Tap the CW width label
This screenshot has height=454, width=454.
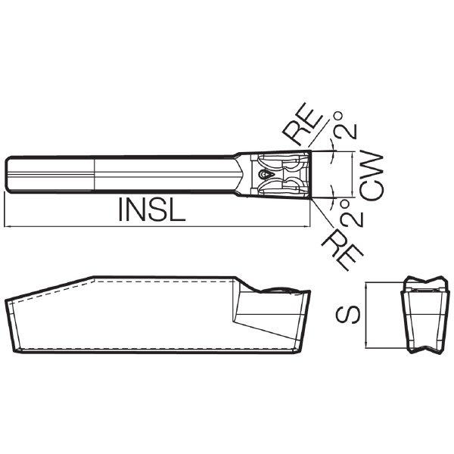(x=372, y=176)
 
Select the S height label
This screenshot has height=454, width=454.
(x=348, y=315)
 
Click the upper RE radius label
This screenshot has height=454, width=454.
(x=302, y=123)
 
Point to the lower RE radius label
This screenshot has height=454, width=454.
(x=343, y=249)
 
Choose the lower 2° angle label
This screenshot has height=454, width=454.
(x=351, y=213)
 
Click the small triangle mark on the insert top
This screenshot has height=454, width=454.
(x=266, y=174)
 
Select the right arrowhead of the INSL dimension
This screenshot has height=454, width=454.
(x=306, y=226)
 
